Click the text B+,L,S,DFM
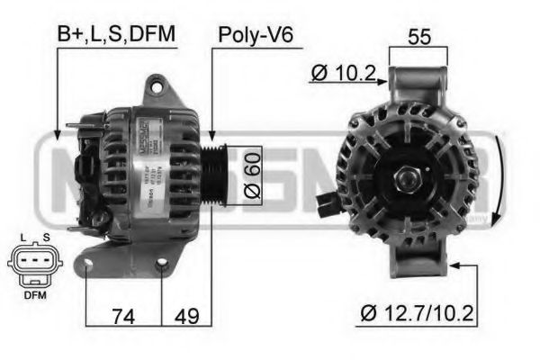[x=116, y=33]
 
